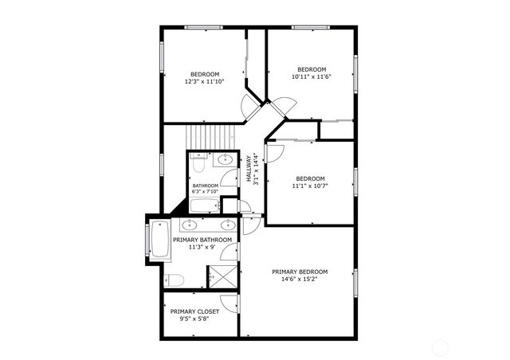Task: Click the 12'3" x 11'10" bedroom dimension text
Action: point(205,81)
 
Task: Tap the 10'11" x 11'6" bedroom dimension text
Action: point(311,76)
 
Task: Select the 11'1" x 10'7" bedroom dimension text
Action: point(311,186)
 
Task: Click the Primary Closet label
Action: point(194,311)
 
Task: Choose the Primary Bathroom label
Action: point(202,240)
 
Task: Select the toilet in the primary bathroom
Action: point(175,280)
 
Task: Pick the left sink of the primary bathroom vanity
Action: point(192,224)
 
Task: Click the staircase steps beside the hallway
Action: point(214,136)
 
